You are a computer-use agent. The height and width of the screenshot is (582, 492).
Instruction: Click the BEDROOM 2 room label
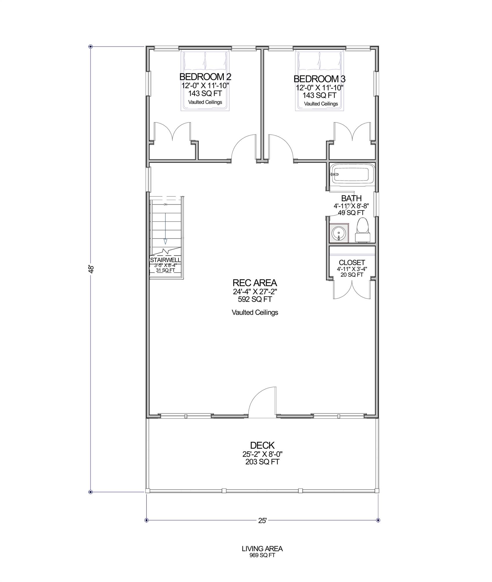(205, 77)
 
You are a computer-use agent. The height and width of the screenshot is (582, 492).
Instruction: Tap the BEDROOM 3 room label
(319, 79)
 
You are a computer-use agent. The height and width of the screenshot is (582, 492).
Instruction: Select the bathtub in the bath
(351, 174)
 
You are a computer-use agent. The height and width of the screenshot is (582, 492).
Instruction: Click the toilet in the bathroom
(362, 231)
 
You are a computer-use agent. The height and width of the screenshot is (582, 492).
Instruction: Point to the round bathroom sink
(339, 233)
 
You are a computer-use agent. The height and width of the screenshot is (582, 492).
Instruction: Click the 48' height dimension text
(92, 269)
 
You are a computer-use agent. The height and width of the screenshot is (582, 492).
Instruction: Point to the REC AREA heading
(255, 283)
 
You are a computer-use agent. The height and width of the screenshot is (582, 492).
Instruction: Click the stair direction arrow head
(165, 242)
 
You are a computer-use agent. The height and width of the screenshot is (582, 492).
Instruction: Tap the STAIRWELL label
(165, 260)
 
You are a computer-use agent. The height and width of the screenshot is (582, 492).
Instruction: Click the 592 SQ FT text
(255, 299)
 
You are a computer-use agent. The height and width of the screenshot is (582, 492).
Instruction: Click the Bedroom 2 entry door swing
(244, 148)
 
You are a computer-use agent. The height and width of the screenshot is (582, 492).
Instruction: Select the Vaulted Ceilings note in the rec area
(255, 313)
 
